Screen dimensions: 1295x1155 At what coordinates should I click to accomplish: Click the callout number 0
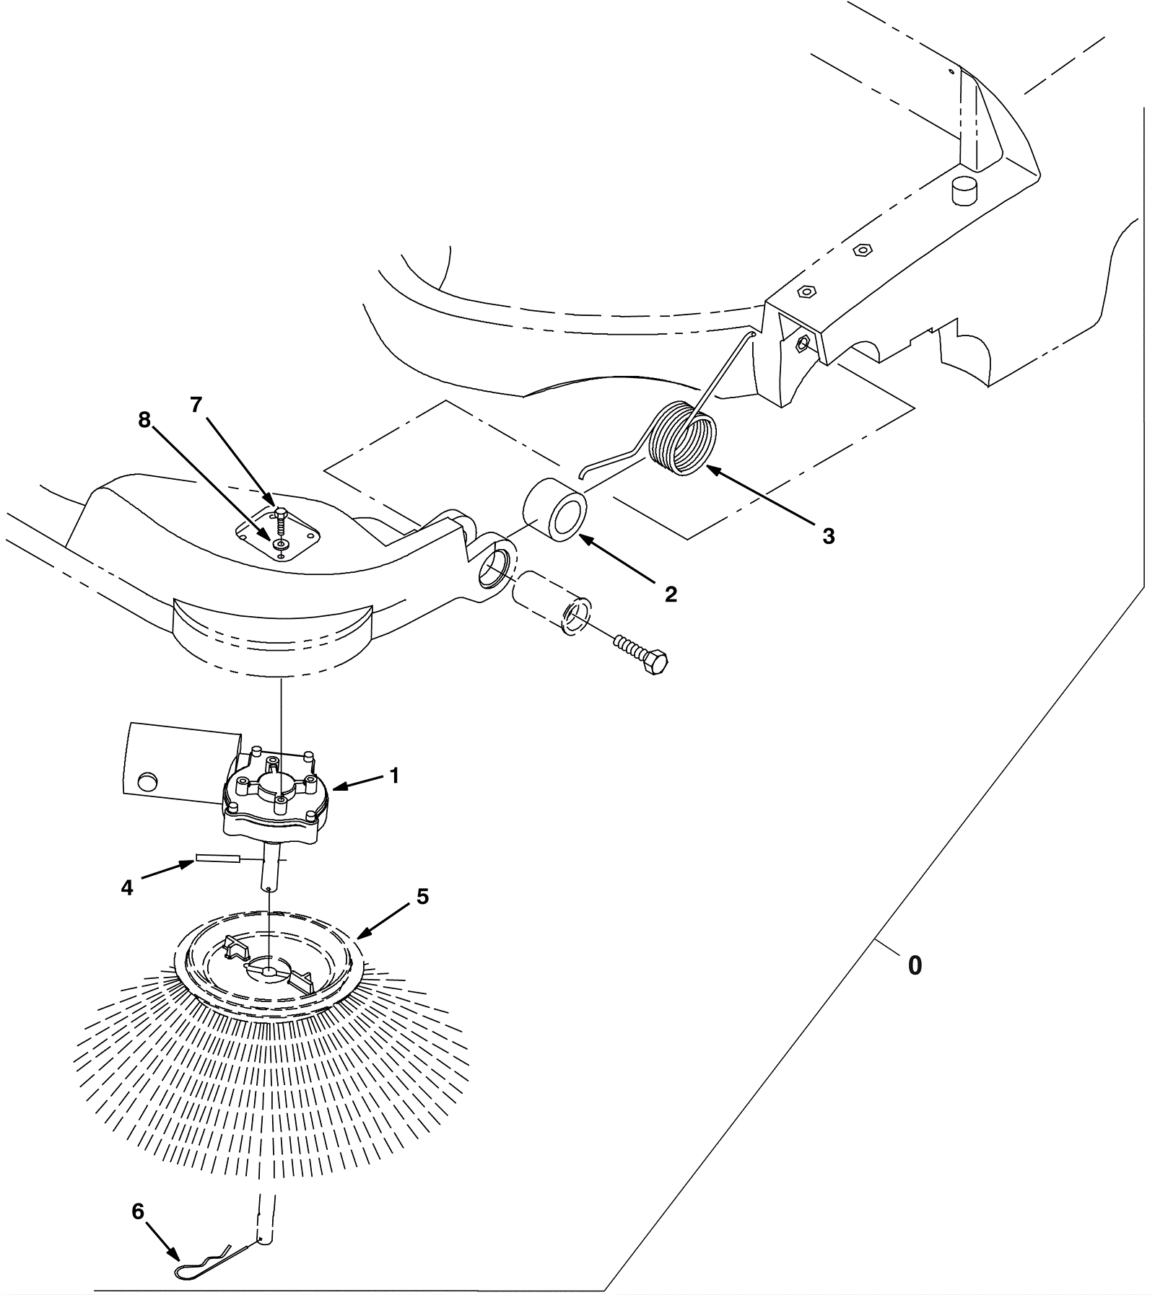point(914,965)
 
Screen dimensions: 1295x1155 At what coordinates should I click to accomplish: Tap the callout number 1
point(394,776)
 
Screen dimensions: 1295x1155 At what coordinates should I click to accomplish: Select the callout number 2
point(671,594)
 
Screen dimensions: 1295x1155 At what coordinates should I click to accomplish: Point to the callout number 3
point(828,536)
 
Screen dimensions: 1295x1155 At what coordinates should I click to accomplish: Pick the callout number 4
point(127,888)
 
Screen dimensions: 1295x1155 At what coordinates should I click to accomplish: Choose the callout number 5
point(422,897)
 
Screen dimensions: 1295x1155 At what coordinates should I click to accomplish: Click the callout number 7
point(196,405)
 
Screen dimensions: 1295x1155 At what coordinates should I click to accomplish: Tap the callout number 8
point(144,420)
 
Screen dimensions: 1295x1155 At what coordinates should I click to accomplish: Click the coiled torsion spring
point(683,439)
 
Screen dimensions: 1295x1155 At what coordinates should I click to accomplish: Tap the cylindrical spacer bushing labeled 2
point(554,507)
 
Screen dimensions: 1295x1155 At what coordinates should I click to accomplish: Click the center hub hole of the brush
point(269,971)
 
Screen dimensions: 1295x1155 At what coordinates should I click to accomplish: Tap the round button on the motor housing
point(147,781)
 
